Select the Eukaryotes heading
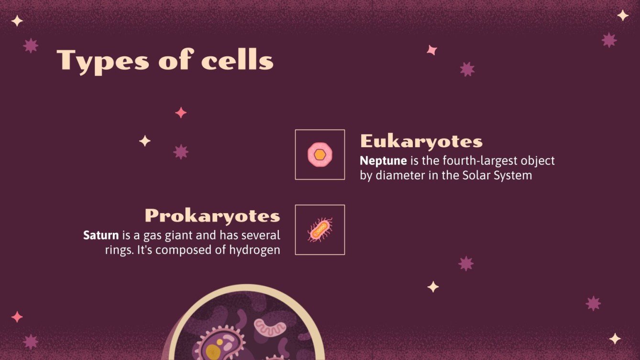pyautogui.click(x=421, y=142)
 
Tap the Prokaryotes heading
pyautogui.click(x=212, y=216)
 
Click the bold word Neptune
pyautogui.click(x=383, y=161)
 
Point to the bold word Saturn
pyautogui.click(x=101, y=235)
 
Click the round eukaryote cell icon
pyautogui.click(x=320, y=154)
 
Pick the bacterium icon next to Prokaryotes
pyautogui.click(x=320, y=230)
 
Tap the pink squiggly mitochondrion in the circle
pyautogui.click(x=269, y=327)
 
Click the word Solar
pyautogui.click(x=474, y=175)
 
